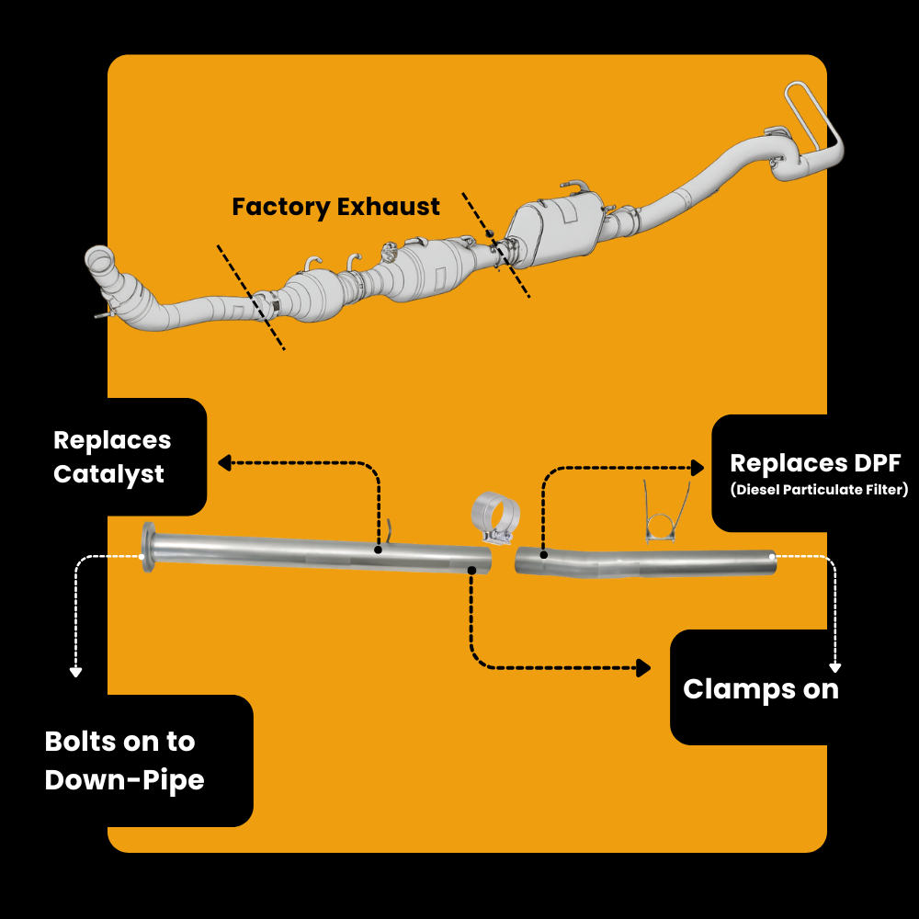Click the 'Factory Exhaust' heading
click(335, 207)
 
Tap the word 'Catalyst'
click(108, 474)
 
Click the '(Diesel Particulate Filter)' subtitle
click(819, 490)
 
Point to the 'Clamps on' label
click(761, 688)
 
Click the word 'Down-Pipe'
click(124, 780)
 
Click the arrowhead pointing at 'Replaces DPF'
click(698, 468)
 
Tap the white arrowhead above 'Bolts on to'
click(75, 672)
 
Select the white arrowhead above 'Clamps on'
click(834, 667)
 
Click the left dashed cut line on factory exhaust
click(251, 297)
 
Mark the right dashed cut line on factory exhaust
click(495, 244)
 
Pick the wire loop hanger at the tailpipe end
click(812, 118)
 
